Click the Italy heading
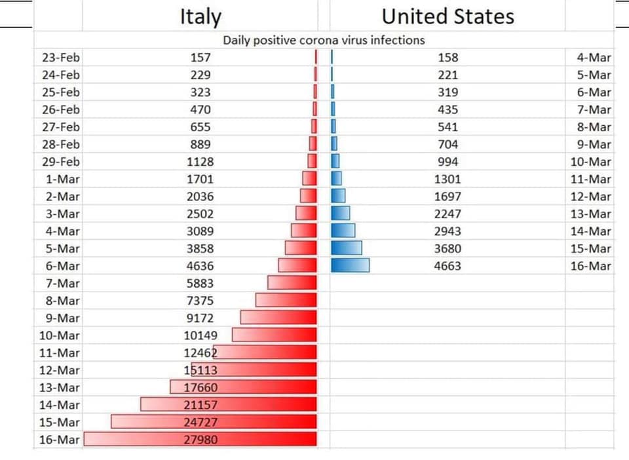pos(200,16)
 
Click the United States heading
pos(448,16)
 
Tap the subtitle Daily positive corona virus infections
pos(324,40)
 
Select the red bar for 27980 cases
pos(200,438)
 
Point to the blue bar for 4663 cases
pos(350,265)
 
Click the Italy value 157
pos(200,58)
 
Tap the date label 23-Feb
pos(60,58)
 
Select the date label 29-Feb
pos(60,162)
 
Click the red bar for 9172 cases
pos(278,317)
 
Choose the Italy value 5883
pos(200,283)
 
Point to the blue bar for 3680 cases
pos(347,248)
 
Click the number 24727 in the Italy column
pos(200,422)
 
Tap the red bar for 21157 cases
pos(229,404)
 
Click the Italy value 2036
pos(200,196)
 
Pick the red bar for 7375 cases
pos(286,300)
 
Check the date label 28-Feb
pos(60,144)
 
